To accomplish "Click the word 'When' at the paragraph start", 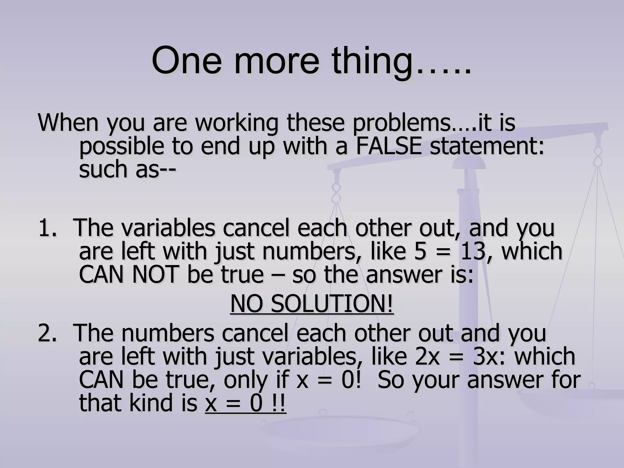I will click(x=69, y=122).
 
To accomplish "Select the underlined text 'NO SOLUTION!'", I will click(x=312, y=304).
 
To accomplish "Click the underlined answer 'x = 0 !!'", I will click(x=246, y=404).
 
